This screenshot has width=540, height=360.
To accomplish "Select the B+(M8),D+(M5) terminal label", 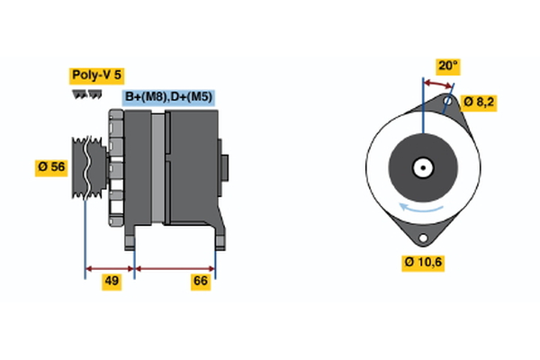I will point(169,97).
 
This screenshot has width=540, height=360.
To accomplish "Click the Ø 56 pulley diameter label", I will point(52,166).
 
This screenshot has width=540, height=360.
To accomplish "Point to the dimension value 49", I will point(112,282).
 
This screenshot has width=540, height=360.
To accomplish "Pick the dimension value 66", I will point(201,282).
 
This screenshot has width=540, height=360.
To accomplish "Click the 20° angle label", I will point(448,66).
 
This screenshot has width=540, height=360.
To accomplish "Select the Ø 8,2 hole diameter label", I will point(479,102).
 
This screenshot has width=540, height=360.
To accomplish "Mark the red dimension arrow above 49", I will point(109,267).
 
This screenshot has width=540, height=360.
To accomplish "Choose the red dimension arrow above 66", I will point(175,267).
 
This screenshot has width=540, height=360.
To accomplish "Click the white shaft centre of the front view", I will point(422,167).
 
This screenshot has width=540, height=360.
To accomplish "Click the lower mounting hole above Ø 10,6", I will point(422,238).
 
